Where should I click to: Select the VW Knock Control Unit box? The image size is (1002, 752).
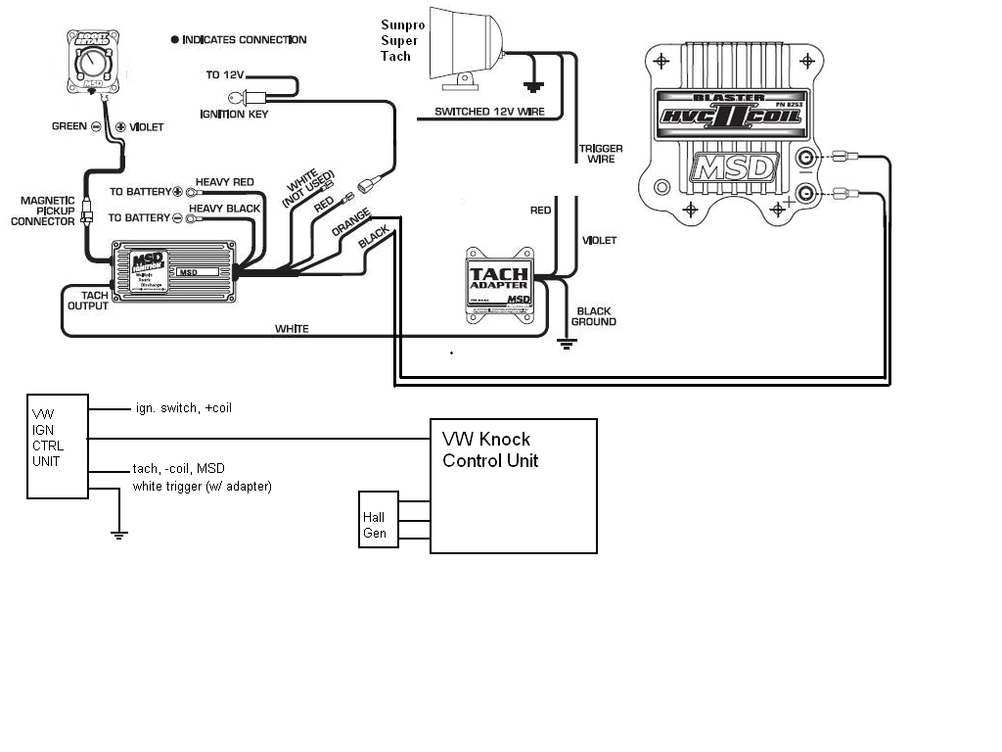[514, 486]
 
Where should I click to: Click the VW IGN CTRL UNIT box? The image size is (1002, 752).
[57, 446]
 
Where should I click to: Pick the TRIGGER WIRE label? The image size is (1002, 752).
[601, 154]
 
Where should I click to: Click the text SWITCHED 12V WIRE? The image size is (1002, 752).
[489, 112]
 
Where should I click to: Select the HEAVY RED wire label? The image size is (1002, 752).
[228, 182]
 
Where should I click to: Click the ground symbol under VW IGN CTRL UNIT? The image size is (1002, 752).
[118, 535]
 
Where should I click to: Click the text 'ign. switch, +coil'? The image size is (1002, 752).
[183, 407]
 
